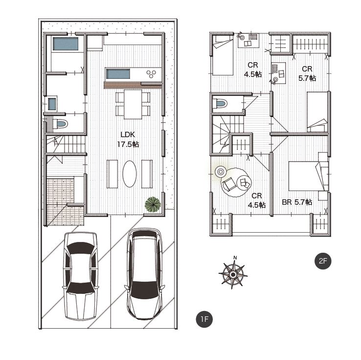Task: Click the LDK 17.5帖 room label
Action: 128,140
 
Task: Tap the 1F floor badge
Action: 204,319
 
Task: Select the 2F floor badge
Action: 323,261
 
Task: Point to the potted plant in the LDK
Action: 153,204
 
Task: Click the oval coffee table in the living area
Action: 130,174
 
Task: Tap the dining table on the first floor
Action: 133,104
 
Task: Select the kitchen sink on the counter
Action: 118,74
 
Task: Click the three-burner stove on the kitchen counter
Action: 151,74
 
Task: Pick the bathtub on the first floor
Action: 66,44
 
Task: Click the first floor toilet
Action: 60,124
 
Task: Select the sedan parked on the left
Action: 80,276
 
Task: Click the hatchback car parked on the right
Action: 145,274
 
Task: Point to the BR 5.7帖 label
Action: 297,202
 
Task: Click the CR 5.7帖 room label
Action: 307,73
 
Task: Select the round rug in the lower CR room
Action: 235,182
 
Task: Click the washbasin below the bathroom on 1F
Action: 52,104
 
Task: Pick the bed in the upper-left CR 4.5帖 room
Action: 223,55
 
